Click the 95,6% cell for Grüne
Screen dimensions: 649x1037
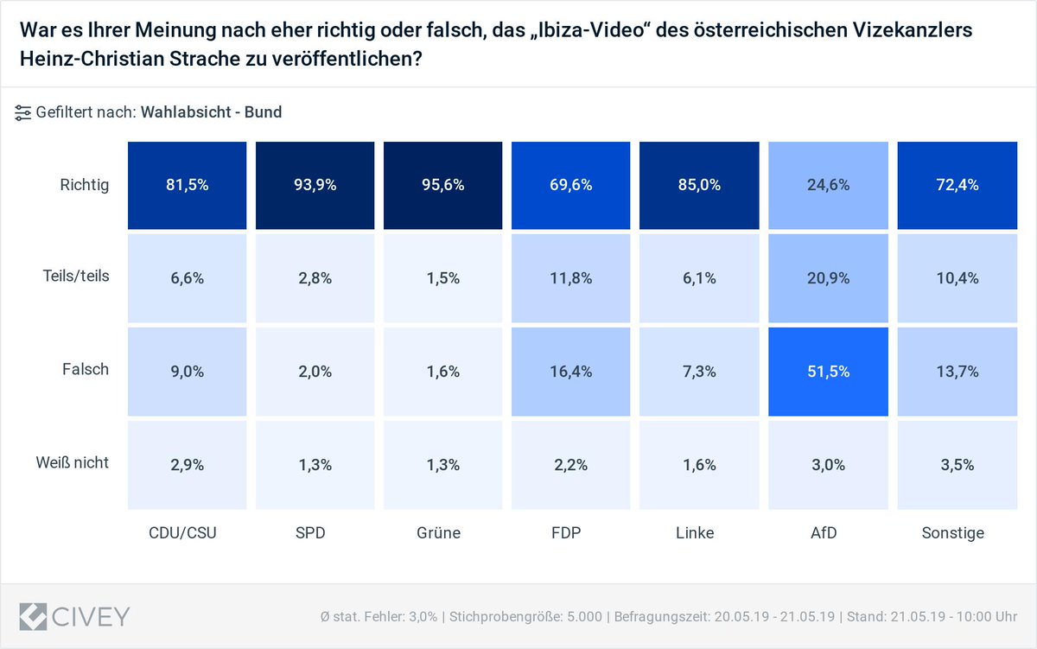442,185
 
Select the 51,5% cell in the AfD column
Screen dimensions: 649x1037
827,371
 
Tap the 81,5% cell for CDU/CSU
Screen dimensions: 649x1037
187,185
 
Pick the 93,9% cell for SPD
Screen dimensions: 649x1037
315,185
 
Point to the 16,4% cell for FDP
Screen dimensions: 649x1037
570,371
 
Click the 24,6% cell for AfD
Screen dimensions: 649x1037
827,185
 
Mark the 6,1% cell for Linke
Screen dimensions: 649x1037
698,278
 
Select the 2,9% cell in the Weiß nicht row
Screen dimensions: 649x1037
187,464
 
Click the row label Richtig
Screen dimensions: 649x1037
85,185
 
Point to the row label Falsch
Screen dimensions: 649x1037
86,370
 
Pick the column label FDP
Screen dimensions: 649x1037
565,533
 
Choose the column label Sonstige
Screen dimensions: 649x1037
953,533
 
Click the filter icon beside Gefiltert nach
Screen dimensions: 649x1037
23,112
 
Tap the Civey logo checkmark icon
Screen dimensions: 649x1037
34,615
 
